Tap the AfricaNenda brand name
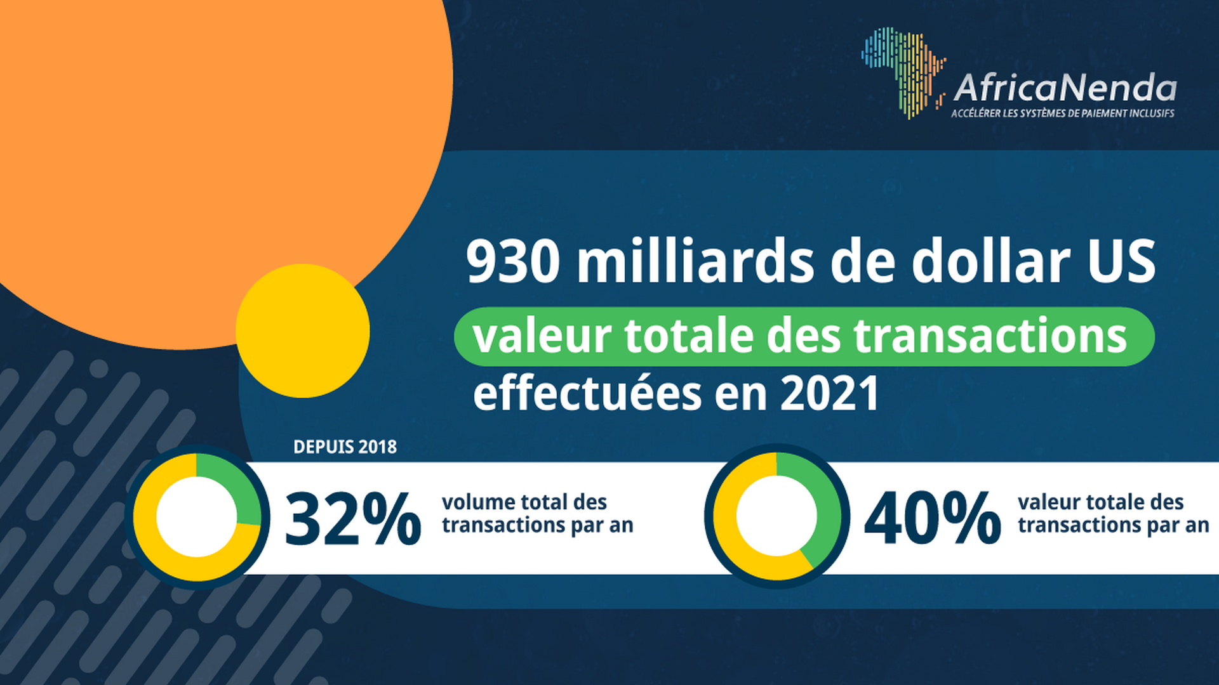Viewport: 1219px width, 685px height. (1065, 88)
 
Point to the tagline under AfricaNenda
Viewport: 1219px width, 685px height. (1062, 114)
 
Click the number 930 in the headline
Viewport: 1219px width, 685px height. (513, 261)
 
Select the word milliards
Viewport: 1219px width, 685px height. (695, 261)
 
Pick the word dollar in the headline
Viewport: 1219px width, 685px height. (990, 261)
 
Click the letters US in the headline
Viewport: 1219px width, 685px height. (1121, 261)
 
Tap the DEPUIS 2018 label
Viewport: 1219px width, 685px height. (345, 447)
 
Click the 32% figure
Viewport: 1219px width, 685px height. (352, 520)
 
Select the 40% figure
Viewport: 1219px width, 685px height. (932, 520)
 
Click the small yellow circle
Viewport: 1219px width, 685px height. (302, 331)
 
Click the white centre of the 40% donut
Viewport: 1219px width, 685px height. (776, 516)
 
